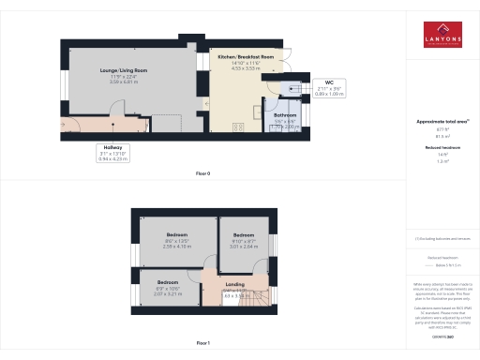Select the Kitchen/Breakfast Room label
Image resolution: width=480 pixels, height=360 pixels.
coord(246,57)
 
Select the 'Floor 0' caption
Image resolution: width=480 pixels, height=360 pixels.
coord(203,174)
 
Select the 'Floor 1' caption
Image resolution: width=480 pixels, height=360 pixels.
coord(203,344)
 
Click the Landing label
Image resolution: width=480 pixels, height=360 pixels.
coord(235,283)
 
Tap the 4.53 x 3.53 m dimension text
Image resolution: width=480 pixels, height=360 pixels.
coord(246,68)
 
